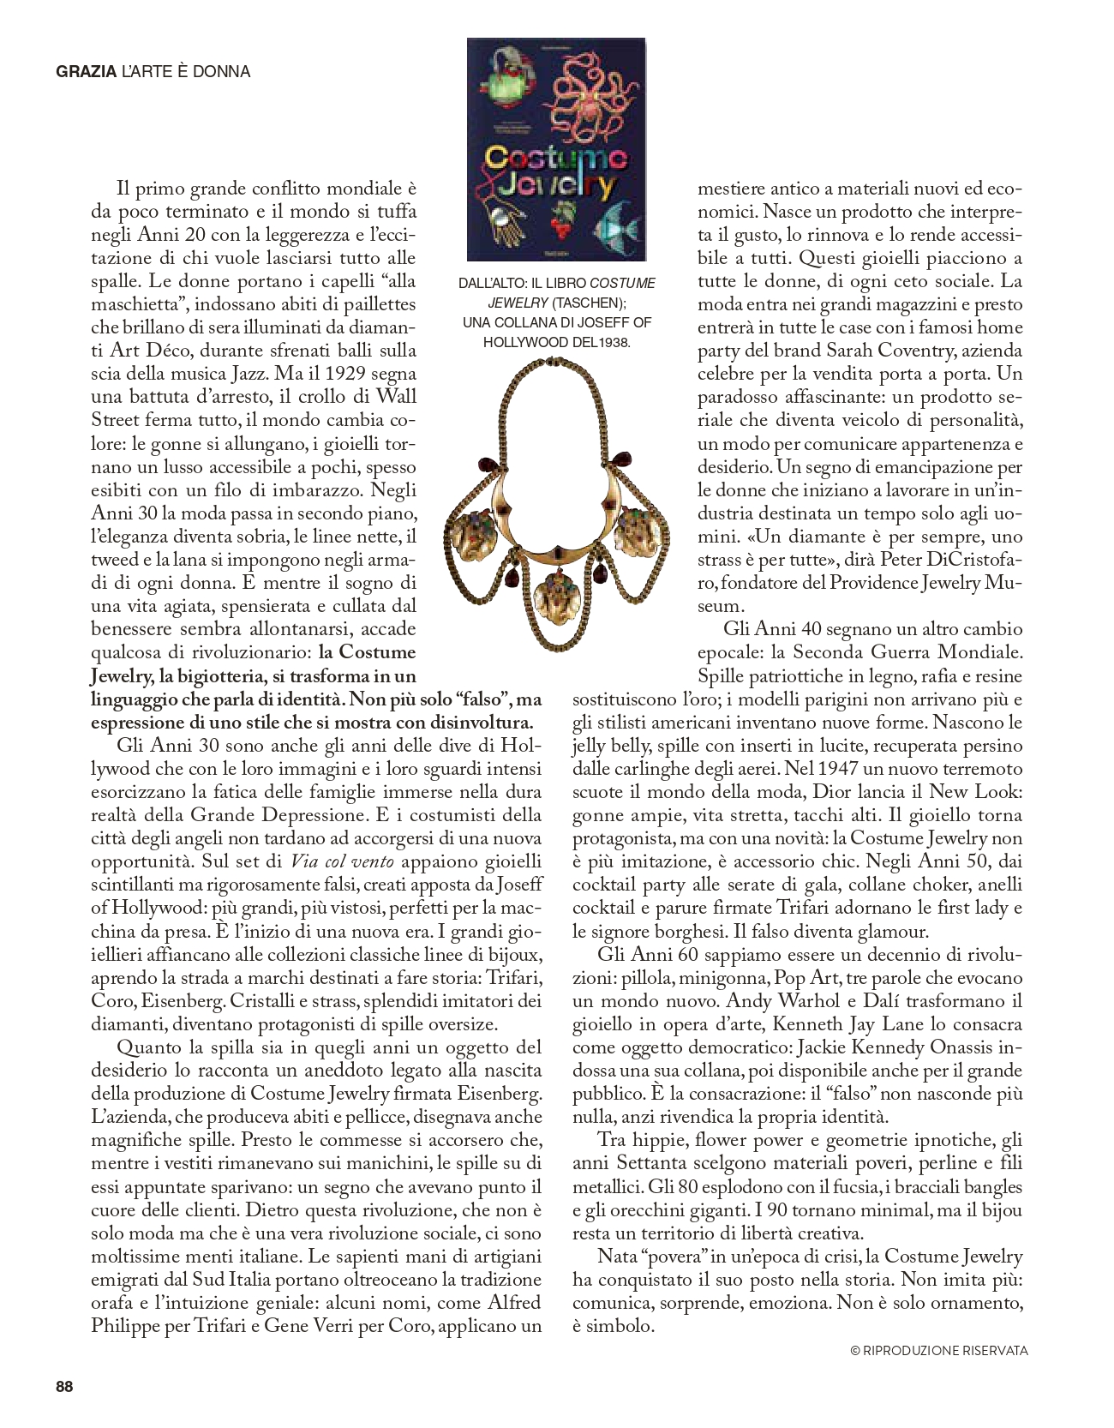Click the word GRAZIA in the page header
[x=86, y=72]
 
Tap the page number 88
[x=64, y=1387]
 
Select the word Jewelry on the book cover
[x=557, y=186]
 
